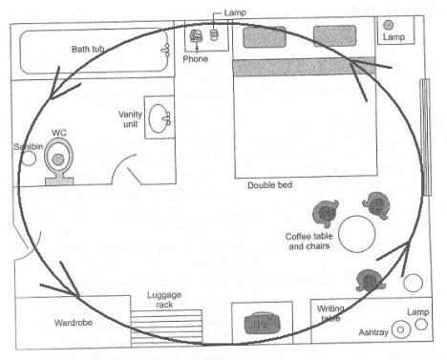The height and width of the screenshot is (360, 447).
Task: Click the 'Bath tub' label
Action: [88, 49]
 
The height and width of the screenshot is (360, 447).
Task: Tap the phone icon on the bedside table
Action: [196, 35]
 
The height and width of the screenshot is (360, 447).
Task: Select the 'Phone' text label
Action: [196, 59]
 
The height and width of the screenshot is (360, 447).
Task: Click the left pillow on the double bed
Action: [265, 37]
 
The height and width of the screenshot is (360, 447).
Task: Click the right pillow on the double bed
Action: [334, 35]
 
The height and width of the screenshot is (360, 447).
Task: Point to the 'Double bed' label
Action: [270, 185]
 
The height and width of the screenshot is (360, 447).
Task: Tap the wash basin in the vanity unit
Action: [160, 118]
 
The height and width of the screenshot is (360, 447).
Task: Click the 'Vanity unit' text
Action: [130, 118]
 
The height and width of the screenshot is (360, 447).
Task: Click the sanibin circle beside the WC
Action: [29, 159]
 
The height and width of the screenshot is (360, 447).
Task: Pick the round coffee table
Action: [357, 234]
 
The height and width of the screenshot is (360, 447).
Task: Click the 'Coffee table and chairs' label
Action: [309, 241]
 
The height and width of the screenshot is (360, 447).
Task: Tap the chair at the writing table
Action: [369, 280]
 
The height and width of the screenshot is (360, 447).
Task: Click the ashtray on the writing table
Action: [400, 329]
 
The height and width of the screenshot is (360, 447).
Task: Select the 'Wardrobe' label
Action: [74, 323]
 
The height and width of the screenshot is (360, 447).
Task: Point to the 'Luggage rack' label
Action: [164, 300]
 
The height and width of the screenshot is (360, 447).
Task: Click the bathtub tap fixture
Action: [165, 51]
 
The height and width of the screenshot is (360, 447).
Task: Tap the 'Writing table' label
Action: [330, 313]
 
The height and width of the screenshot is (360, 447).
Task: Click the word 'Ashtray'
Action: [373, 332]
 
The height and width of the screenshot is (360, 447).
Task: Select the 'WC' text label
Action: [59, 133]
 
